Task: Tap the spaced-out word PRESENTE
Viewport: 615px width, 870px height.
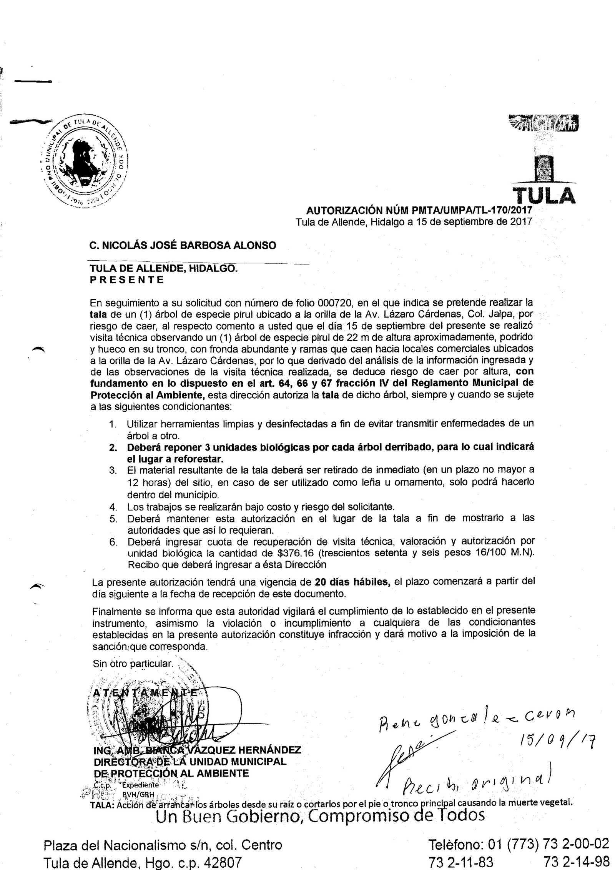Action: [x=127, y=280]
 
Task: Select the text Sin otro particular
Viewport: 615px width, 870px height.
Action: [x=133, y=664]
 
